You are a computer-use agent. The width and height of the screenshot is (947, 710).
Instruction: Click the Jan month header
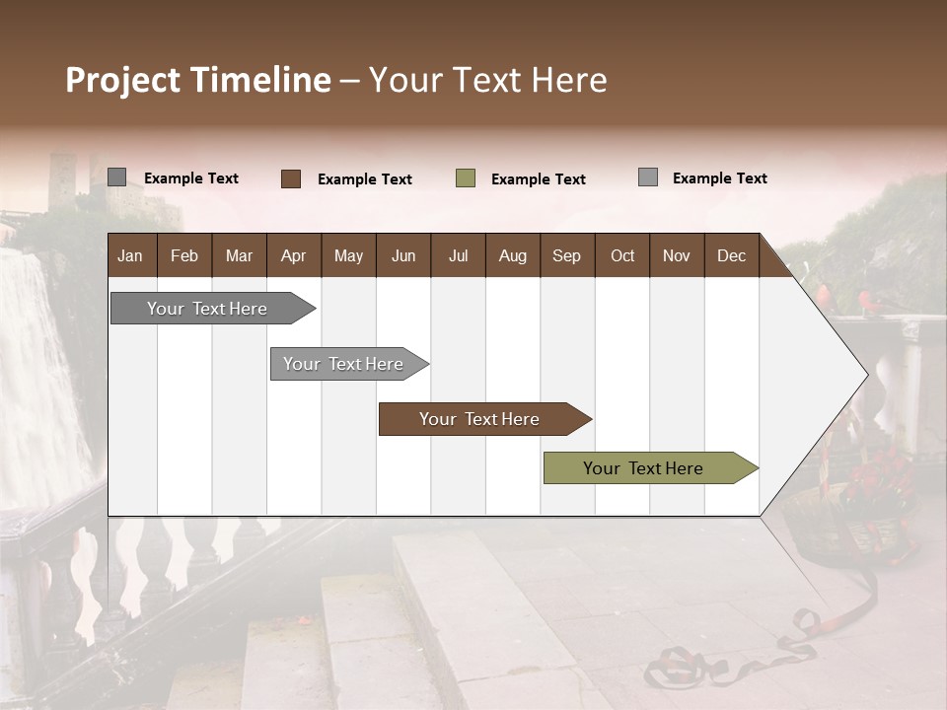[130, 256]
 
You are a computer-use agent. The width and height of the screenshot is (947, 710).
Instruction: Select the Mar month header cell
[239, 256]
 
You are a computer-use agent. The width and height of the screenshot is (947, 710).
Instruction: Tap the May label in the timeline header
[348, 256]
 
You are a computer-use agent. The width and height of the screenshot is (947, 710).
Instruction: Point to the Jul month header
[458, 256]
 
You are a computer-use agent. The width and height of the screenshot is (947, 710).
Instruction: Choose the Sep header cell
[566, 256]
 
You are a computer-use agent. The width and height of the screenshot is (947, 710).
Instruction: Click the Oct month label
[622, 256]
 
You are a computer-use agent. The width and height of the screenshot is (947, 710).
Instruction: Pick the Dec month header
[731, 256]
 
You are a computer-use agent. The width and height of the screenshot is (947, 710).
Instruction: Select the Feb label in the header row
[184, 256]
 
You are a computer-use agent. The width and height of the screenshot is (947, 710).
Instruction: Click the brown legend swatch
[291, 178]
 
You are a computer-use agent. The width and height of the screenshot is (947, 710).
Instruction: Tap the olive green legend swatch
[466, 178]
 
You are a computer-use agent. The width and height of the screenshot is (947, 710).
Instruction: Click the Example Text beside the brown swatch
[365, 179]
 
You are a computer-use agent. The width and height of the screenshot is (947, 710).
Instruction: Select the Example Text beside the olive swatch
[539, 179]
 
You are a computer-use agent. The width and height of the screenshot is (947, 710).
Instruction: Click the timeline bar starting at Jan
[207, 309]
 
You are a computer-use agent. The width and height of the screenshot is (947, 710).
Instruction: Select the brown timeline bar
[479, 419]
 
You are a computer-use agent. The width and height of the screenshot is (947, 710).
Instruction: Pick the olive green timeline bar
[643, 468]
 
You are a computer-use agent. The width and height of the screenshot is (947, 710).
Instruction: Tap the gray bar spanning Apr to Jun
[343, 364]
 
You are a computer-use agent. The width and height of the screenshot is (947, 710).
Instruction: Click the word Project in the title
[123, 80]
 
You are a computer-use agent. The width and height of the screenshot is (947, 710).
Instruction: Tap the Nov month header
[677, 256]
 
